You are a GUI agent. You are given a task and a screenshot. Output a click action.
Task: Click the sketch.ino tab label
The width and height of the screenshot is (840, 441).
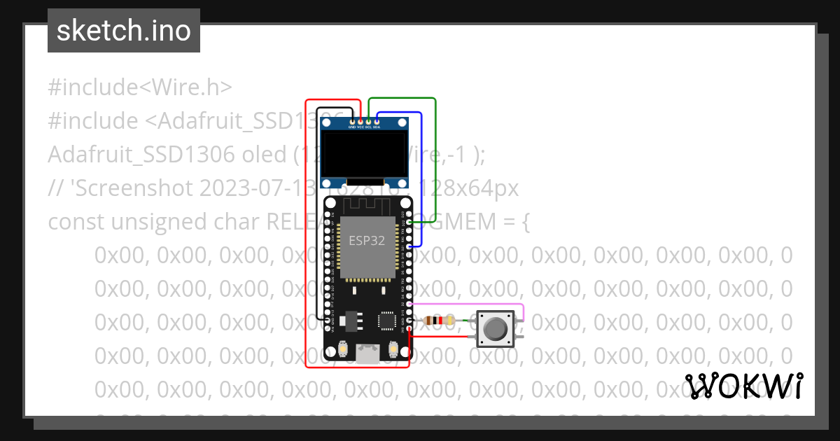124,31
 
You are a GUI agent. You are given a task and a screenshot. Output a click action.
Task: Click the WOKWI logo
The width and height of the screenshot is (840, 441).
744,386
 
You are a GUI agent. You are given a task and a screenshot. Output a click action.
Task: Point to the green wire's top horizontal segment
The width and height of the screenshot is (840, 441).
402,99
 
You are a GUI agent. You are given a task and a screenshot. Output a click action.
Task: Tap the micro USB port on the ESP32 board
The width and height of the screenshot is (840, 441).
367,356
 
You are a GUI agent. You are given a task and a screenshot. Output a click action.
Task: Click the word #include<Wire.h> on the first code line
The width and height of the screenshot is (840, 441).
140,87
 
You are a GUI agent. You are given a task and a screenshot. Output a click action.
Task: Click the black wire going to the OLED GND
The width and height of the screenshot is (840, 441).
317,210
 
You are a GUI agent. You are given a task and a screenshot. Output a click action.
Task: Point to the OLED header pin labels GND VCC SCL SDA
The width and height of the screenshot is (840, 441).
364,127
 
